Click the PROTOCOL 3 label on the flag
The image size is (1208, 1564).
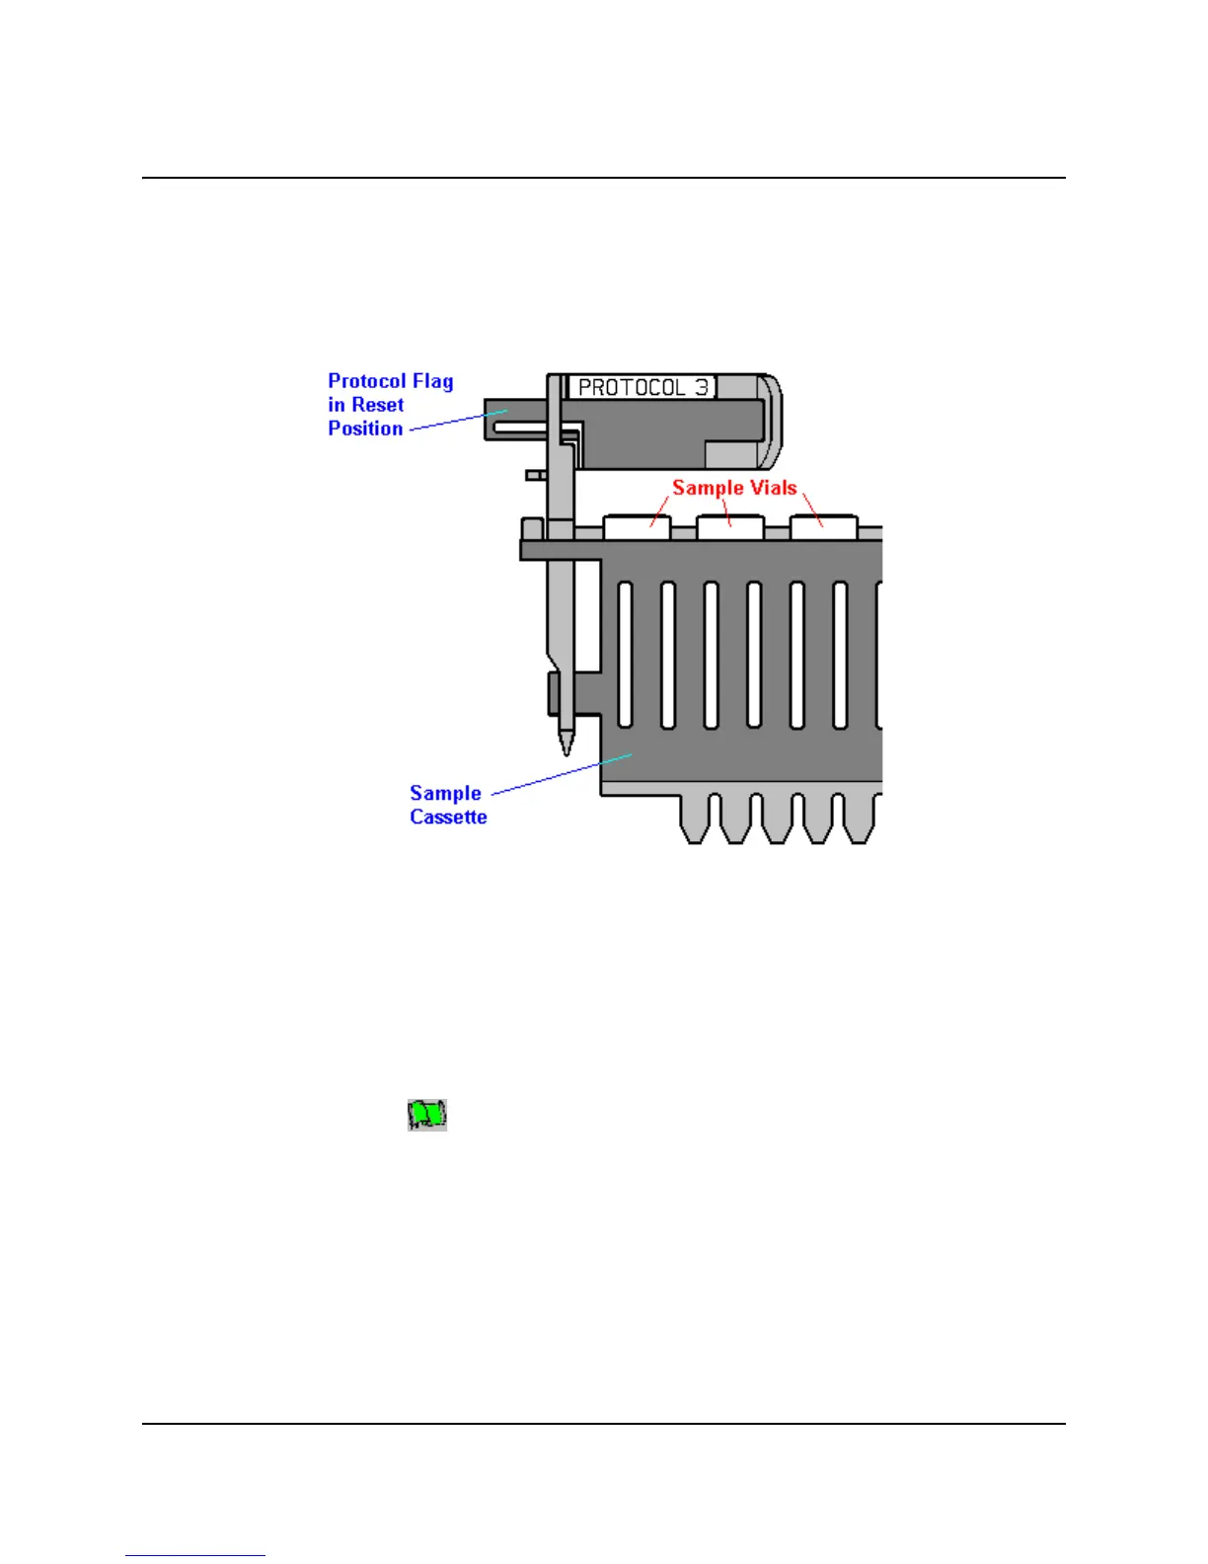pyautogui.click(x=642, y=387)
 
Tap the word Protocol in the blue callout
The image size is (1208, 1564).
pyautogui.click(x=366, y=381)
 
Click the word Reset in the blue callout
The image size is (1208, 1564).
pyautogui.click(x=378, y=405)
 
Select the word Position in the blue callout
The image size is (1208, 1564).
pyautogui.click(x=365, y=429)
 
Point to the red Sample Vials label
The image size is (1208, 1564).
pyautogui.click(x=734, y=488)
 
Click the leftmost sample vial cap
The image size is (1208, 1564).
pyautogui.click(x=637, y=527)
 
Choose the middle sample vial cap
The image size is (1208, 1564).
pyautogui.click(x=730, y=527)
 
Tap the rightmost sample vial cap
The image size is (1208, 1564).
pyautogui.click(x=823, y=527)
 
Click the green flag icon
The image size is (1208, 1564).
pyautogui.click(x=427, y=1115)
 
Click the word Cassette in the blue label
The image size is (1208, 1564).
pyautogui.click(x=448, y=818)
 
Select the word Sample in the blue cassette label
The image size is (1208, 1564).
pyautogui.click(x=445, y=794)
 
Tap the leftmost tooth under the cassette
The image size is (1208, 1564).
pyautogui.click(x=697, y=820)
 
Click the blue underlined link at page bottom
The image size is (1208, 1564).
pyautogui.click(x=195, y=1555)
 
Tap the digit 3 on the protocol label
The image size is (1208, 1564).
pyautogui.click(x=702, y=387)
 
